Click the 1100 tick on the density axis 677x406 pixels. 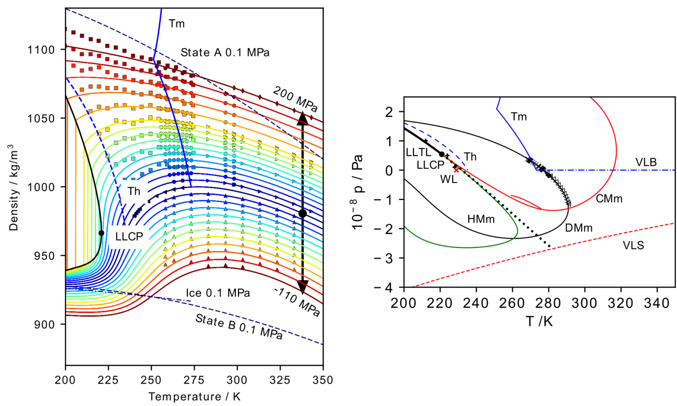tap(42, 50)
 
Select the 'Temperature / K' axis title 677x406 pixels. tap(194, 396)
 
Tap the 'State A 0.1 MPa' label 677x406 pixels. tap(225, 52)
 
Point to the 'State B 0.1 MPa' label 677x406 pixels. tap(238, 326)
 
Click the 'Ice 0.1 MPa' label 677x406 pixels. tap(218, 293)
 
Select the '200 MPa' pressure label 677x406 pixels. tap(295, 99)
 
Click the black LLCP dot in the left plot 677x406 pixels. tap(101, 233)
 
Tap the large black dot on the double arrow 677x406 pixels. tap(302, 214)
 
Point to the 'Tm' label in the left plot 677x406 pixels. tap(176, 24)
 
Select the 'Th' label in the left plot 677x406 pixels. tap(134, 191)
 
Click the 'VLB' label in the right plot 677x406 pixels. tap(646, 162)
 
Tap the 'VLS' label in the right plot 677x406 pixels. tap(633, 245)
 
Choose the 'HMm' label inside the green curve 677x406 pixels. tap(481, 219)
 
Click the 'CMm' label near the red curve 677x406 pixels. tap(609, 199)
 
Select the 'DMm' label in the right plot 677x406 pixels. tap(578, 228)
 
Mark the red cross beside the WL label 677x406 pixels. tap(456, 170)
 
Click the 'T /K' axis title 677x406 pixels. tap(539, 321)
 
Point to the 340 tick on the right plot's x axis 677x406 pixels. tap(657, 303)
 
